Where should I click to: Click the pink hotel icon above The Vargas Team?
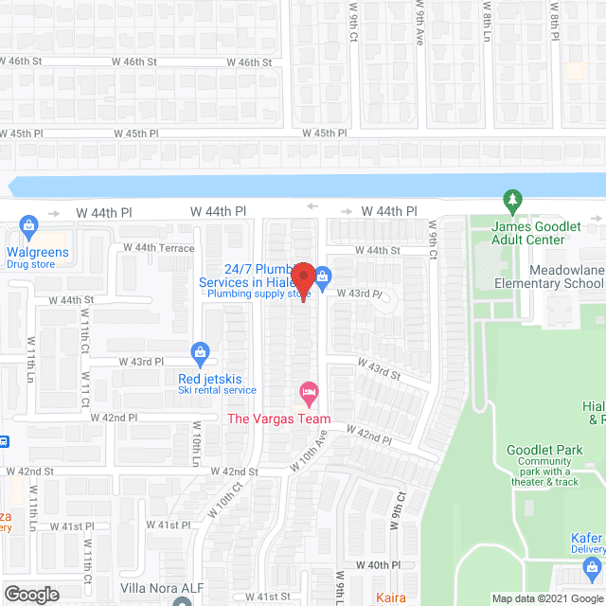(308, 391)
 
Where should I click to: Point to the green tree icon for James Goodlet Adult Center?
(512, 202)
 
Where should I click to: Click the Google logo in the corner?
(31, 595)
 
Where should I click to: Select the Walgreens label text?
(38, 253)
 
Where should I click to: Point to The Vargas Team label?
(279, 419)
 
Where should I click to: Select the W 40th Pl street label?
(386, 565)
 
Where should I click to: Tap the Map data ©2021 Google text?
(546, 597)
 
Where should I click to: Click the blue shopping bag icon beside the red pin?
(323, 276)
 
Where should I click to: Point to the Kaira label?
(391, 597)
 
